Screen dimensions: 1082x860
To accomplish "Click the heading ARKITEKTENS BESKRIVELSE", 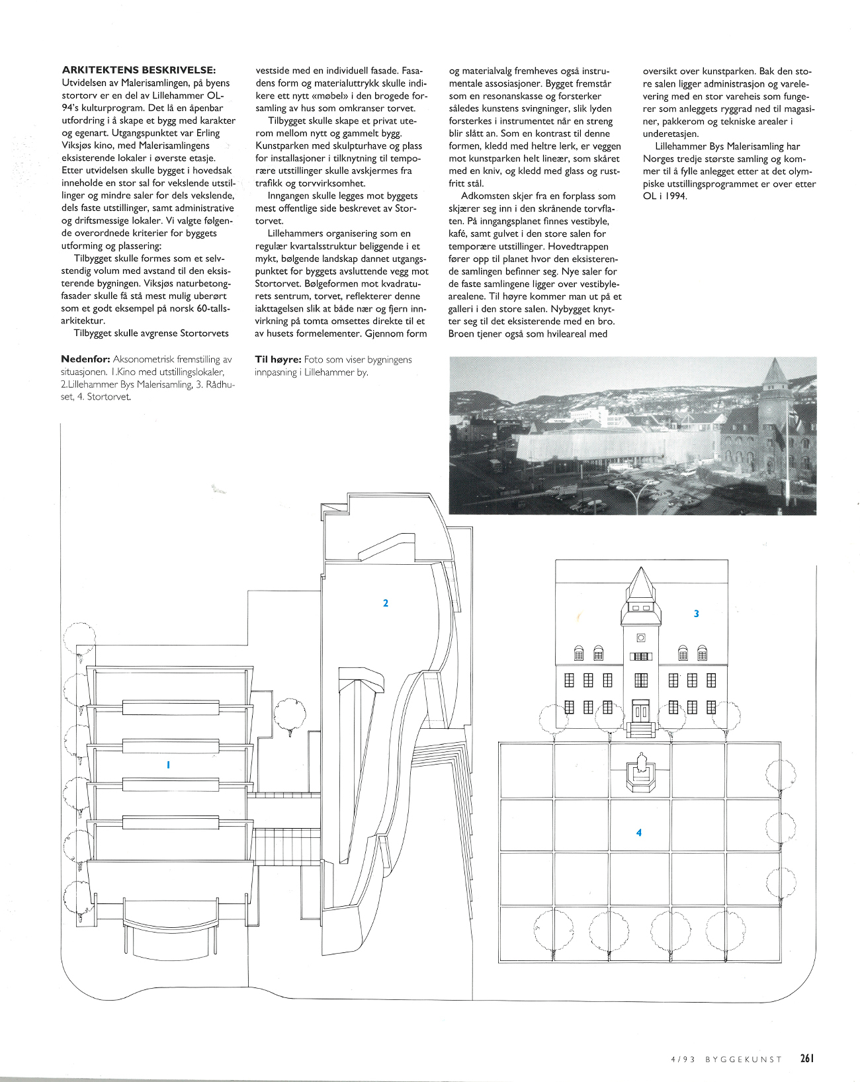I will (138, 70).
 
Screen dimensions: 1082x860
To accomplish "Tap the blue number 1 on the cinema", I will (168, 765).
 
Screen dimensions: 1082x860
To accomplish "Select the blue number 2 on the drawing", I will (386, 603).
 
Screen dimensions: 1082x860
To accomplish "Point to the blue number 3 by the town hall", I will (696, 614).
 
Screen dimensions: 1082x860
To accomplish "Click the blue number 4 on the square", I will (638, 833).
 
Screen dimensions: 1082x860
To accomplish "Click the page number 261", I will (806, 1058).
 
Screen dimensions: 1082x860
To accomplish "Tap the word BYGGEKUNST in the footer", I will (744, 1059).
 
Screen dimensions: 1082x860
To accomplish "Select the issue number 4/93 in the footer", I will (683, 1059).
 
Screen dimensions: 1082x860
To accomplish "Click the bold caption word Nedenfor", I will (85, 359).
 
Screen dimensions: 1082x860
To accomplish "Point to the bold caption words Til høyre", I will (278, 359).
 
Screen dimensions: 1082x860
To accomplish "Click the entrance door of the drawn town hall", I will (640, 712).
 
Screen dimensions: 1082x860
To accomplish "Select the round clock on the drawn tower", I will (640, 638).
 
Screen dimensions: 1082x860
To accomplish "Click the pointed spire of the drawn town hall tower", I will (640, 582).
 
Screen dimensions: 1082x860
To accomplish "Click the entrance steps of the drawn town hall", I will (640, 730).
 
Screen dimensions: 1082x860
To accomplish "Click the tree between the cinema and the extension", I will (290, 714).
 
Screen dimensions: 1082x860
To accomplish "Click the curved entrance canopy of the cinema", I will (170, 933).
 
